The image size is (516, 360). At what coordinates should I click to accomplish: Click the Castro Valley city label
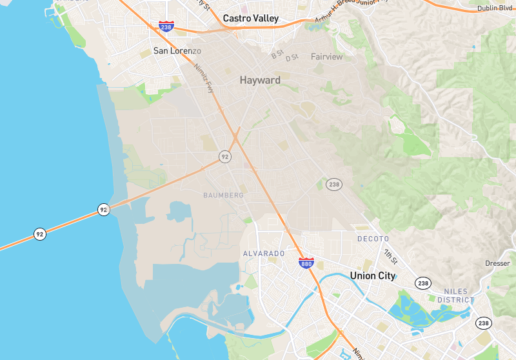pyautogui.click(x=251, y=19)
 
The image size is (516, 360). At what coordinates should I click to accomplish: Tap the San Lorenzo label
pyautogui.click(x=177, y=51)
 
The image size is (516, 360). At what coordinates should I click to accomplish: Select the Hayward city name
pyautogui.click(x=260, y=81)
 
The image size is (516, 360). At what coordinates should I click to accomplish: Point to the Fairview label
pyautogui.click(x=327, y=57)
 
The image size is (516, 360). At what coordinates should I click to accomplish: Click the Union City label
pyautogui.click(x=373, y=275)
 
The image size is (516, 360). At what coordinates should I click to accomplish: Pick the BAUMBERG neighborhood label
pyautogui.click(x=223, y=195)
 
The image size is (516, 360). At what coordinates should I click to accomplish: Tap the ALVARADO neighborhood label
pyautogui.click(x=263, y=254)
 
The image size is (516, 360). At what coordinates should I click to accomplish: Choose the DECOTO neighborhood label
pyautogui.click(x=373, y=239)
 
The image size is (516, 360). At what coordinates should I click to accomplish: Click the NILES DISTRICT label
pyautogui.click(x=455, y=295)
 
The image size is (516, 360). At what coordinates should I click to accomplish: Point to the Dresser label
pyautogui.click(x=497, y=263)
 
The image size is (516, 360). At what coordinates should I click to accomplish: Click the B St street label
pyautogui.click(x=277, y=56)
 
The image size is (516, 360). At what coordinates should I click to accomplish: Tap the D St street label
pyautogui.click(x=292, y=58)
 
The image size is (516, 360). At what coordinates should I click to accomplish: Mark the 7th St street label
pyautogui.click(x=390, y=255)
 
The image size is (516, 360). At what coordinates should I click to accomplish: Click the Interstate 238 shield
pyautogui.click(x=166, y=26)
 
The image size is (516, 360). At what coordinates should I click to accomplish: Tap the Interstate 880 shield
pyautogui.click(x=306, y=263)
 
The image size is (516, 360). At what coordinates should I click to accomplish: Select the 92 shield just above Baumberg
pyautogui.click(x=224, y=157)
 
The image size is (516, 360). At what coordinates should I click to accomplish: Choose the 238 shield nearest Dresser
pyautogui.click(x=483, y=323)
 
